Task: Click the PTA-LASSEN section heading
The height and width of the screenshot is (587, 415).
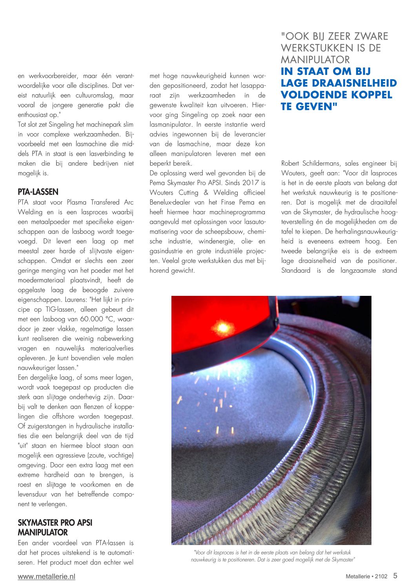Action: pyautogui.click(x=38, y=192)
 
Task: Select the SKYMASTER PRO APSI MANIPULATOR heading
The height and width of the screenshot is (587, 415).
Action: pyautogui.click(x=55, y=527)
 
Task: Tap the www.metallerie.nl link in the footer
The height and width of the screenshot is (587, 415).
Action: pyautogui.click(x=46, y=576)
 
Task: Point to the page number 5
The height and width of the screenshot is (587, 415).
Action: pyautogui.click(x=395, y=576)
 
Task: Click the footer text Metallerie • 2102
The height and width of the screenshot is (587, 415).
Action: pyautogui.click(x=366, y=576)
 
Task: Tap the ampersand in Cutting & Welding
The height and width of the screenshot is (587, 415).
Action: pyautogui.click(x=206, y=193)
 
